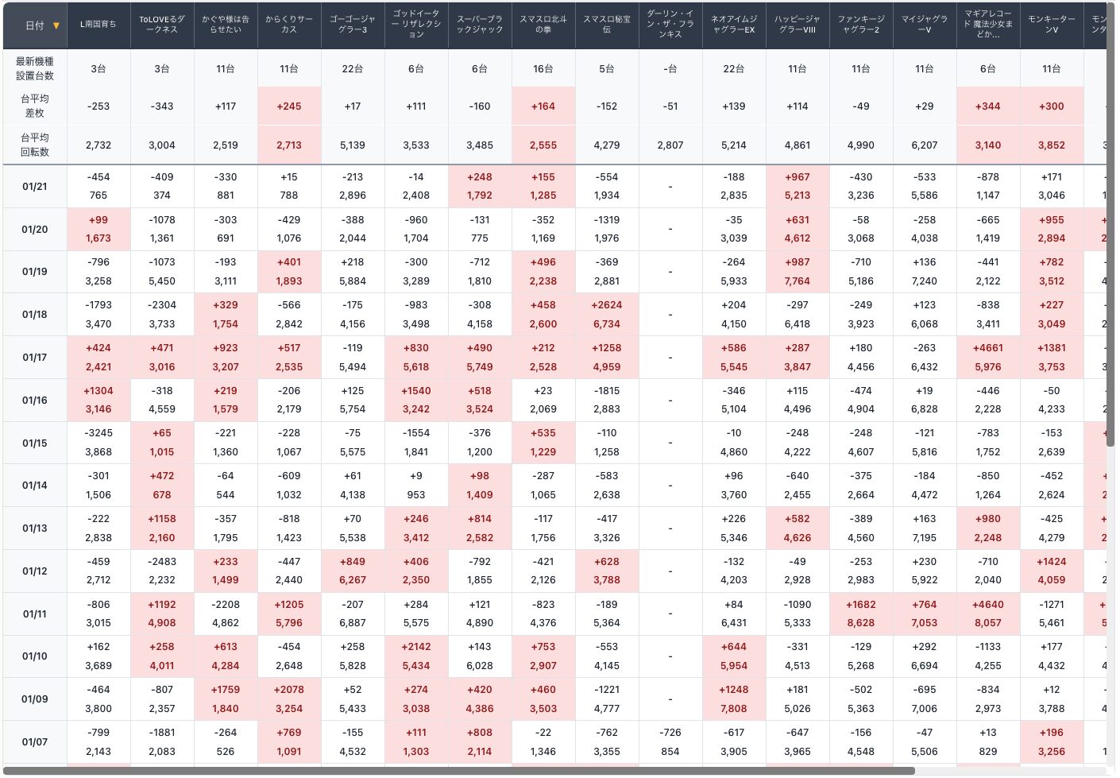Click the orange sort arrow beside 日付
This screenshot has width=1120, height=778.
click(56, 25)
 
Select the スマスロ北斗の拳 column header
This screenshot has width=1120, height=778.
click(543, 25)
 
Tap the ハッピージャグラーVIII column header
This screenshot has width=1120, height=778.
click(798, 25)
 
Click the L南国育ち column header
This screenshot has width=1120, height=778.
click(98, 25)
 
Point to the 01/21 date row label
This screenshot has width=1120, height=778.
click(35, 187)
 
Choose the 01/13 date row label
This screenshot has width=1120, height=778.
click(35, 528)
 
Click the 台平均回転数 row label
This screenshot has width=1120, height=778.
click(35, 145)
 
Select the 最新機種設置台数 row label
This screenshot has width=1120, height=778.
click(35, 68)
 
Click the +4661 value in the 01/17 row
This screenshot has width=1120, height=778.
click(988, 348)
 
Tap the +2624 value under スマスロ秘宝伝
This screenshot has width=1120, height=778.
click(607, 305)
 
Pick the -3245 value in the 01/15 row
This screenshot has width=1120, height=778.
click(98, 433)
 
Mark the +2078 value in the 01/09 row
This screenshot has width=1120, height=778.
click(289, 690)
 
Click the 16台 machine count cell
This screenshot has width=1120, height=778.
click(543, 69)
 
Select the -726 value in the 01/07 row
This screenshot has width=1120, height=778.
click(670, 733)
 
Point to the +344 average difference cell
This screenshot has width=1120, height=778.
click(988, 106)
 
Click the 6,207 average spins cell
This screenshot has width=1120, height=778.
click(925, 145)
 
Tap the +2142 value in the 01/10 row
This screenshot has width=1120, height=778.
click(416, 647)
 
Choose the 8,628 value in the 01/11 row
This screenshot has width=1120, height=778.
click(861, 623)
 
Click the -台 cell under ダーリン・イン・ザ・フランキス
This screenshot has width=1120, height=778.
click(670, 69)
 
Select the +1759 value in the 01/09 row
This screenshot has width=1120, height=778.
click(226, 690)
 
